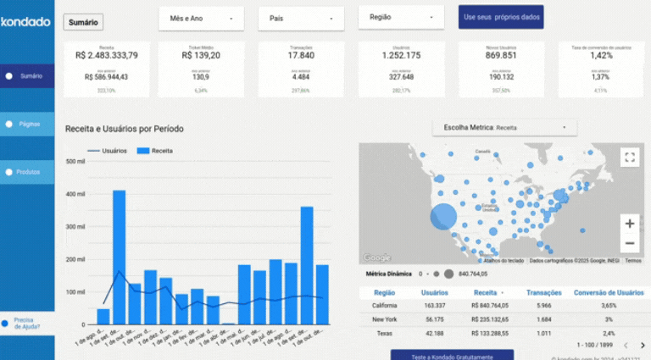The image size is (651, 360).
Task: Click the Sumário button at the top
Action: [83, 22]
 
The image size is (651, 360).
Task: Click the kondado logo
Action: [25, 22]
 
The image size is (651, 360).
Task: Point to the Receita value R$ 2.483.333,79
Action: [107, 55]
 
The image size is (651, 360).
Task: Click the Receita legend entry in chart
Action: [156, 151]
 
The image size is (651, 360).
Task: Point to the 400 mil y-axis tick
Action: [75, 194]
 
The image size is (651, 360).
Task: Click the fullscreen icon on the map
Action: [629, 157]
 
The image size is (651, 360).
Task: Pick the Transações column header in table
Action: [543, 292]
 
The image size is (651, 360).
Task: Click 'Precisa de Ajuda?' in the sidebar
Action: [26, 323]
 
